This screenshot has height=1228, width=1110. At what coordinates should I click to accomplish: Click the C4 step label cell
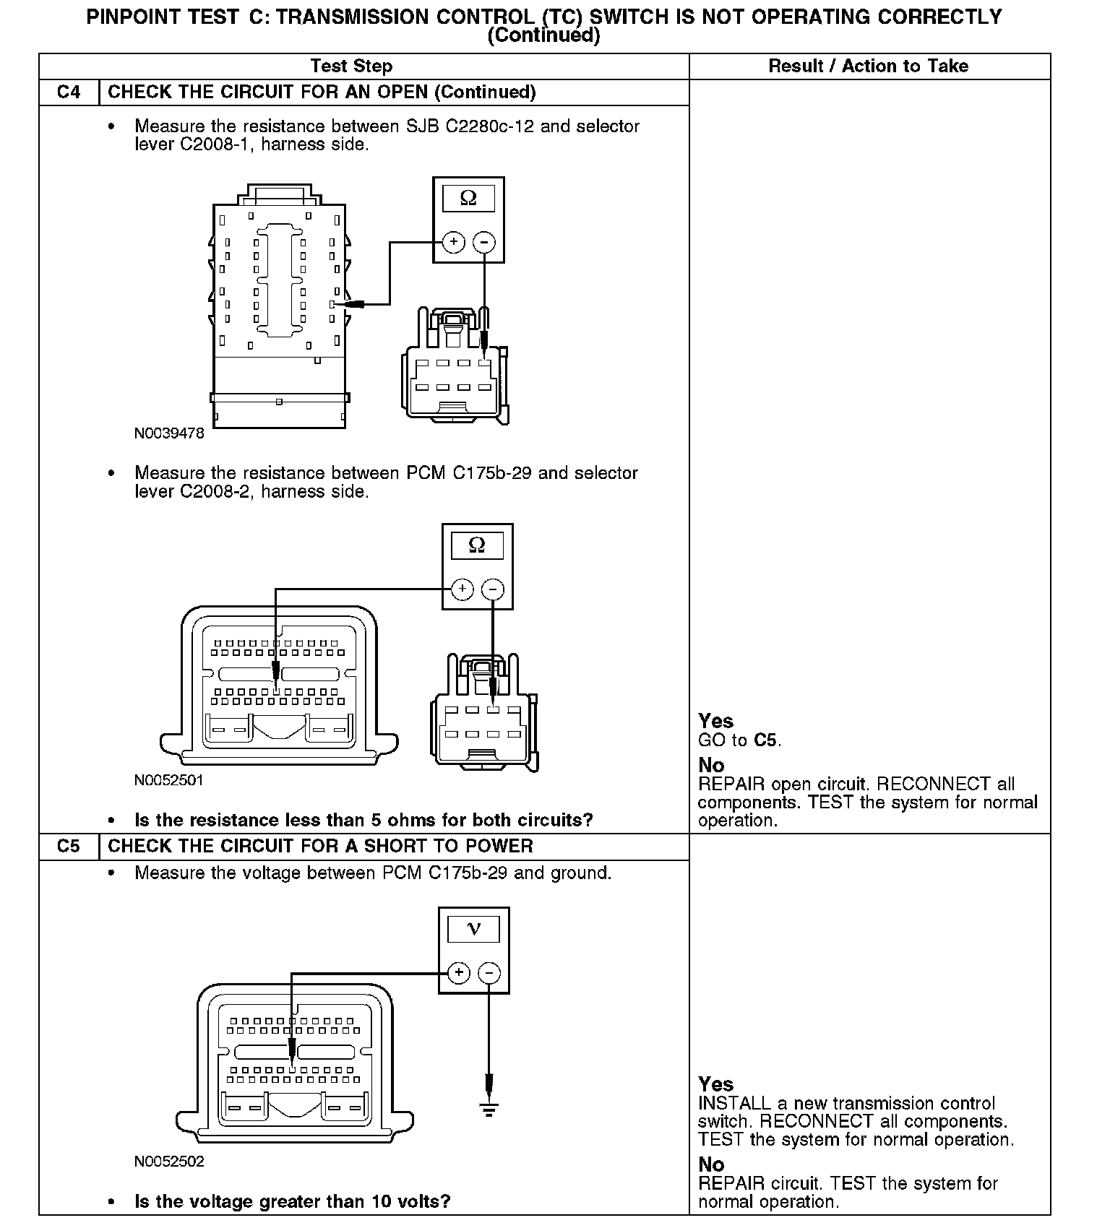69,92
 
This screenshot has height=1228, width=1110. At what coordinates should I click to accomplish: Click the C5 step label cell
69,846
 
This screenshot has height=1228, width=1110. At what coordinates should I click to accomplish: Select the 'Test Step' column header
351,66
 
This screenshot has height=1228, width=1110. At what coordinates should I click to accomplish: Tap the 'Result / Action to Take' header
868,66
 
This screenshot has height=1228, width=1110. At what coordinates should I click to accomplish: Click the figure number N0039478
169,433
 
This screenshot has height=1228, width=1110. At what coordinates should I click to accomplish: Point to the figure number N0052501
169,780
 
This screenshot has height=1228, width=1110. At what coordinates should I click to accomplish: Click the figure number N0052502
169,1162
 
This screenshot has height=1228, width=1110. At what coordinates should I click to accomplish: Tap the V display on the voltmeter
473,929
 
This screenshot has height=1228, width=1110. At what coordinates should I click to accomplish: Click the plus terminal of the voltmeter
459,973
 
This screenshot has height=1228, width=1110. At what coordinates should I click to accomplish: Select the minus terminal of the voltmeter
489,973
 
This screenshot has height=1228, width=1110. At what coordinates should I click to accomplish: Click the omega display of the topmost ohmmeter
468,198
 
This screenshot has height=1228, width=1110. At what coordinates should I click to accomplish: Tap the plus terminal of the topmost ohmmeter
453,242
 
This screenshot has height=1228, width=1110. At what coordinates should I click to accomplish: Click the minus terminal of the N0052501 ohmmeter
493,589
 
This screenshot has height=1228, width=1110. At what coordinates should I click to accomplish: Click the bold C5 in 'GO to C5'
766,740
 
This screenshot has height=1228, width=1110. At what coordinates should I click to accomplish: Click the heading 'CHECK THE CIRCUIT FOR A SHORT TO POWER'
320,846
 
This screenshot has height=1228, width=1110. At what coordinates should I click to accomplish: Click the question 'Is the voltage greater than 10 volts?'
293,1202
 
